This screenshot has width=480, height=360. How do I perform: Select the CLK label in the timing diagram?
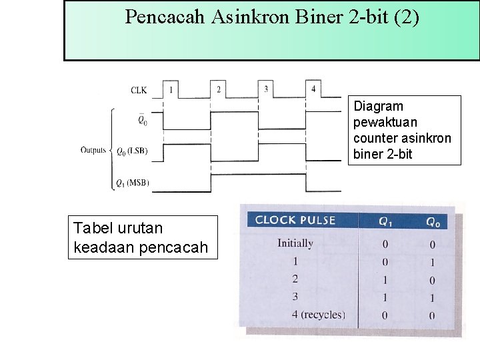[x=139, y=90]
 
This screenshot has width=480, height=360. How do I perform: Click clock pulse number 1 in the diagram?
[x=171, y=89]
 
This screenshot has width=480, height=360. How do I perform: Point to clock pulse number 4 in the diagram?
[x=313, y=89]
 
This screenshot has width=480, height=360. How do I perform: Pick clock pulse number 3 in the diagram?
[x=266, y=89]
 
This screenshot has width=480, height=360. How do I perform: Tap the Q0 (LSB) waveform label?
[x=132, y=151]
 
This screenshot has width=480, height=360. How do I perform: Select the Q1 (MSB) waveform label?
[x=132, y=182]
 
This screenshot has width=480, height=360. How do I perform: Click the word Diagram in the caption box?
[x=378, y=106]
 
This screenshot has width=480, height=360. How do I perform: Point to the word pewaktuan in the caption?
[x=385, y=122]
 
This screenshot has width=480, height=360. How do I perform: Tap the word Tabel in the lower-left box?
[x=91, y=228]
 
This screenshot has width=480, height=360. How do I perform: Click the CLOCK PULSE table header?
[x=295, y=220]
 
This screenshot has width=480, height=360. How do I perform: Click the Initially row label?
[x=295, y=243]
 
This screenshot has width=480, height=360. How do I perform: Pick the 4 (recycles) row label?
[x=318, y=315]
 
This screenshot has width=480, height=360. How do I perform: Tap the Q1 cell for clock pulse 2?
[x=385, y=280]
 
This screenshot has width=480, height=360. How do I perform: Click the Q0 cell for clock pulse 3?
[x=432, y=297]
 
